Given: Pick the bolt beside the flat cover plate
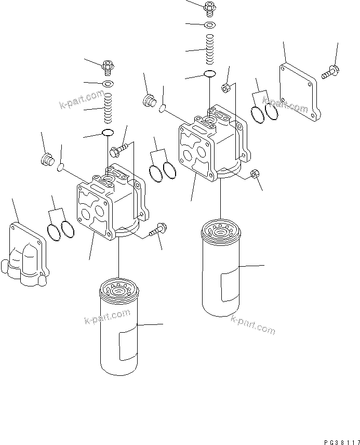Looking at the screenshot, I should pos(329,72).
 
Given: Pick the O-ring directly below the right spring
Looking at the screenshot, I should pos(210,74).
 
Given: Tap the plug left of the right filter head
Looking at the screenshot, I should pos(149,100).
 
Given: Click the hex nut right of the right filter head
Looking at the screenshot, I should pos(255,174).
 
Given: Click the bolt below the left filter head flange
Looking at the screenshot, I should pos(157,230).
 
